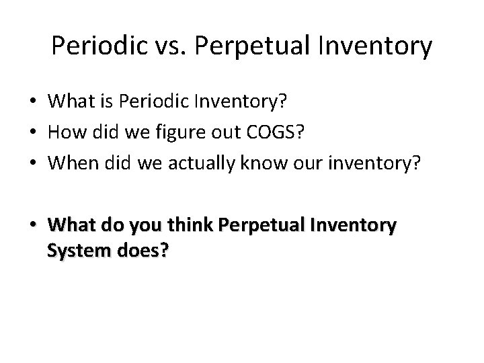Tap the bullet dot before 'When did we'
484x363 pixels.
click(x=33, y=163)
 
